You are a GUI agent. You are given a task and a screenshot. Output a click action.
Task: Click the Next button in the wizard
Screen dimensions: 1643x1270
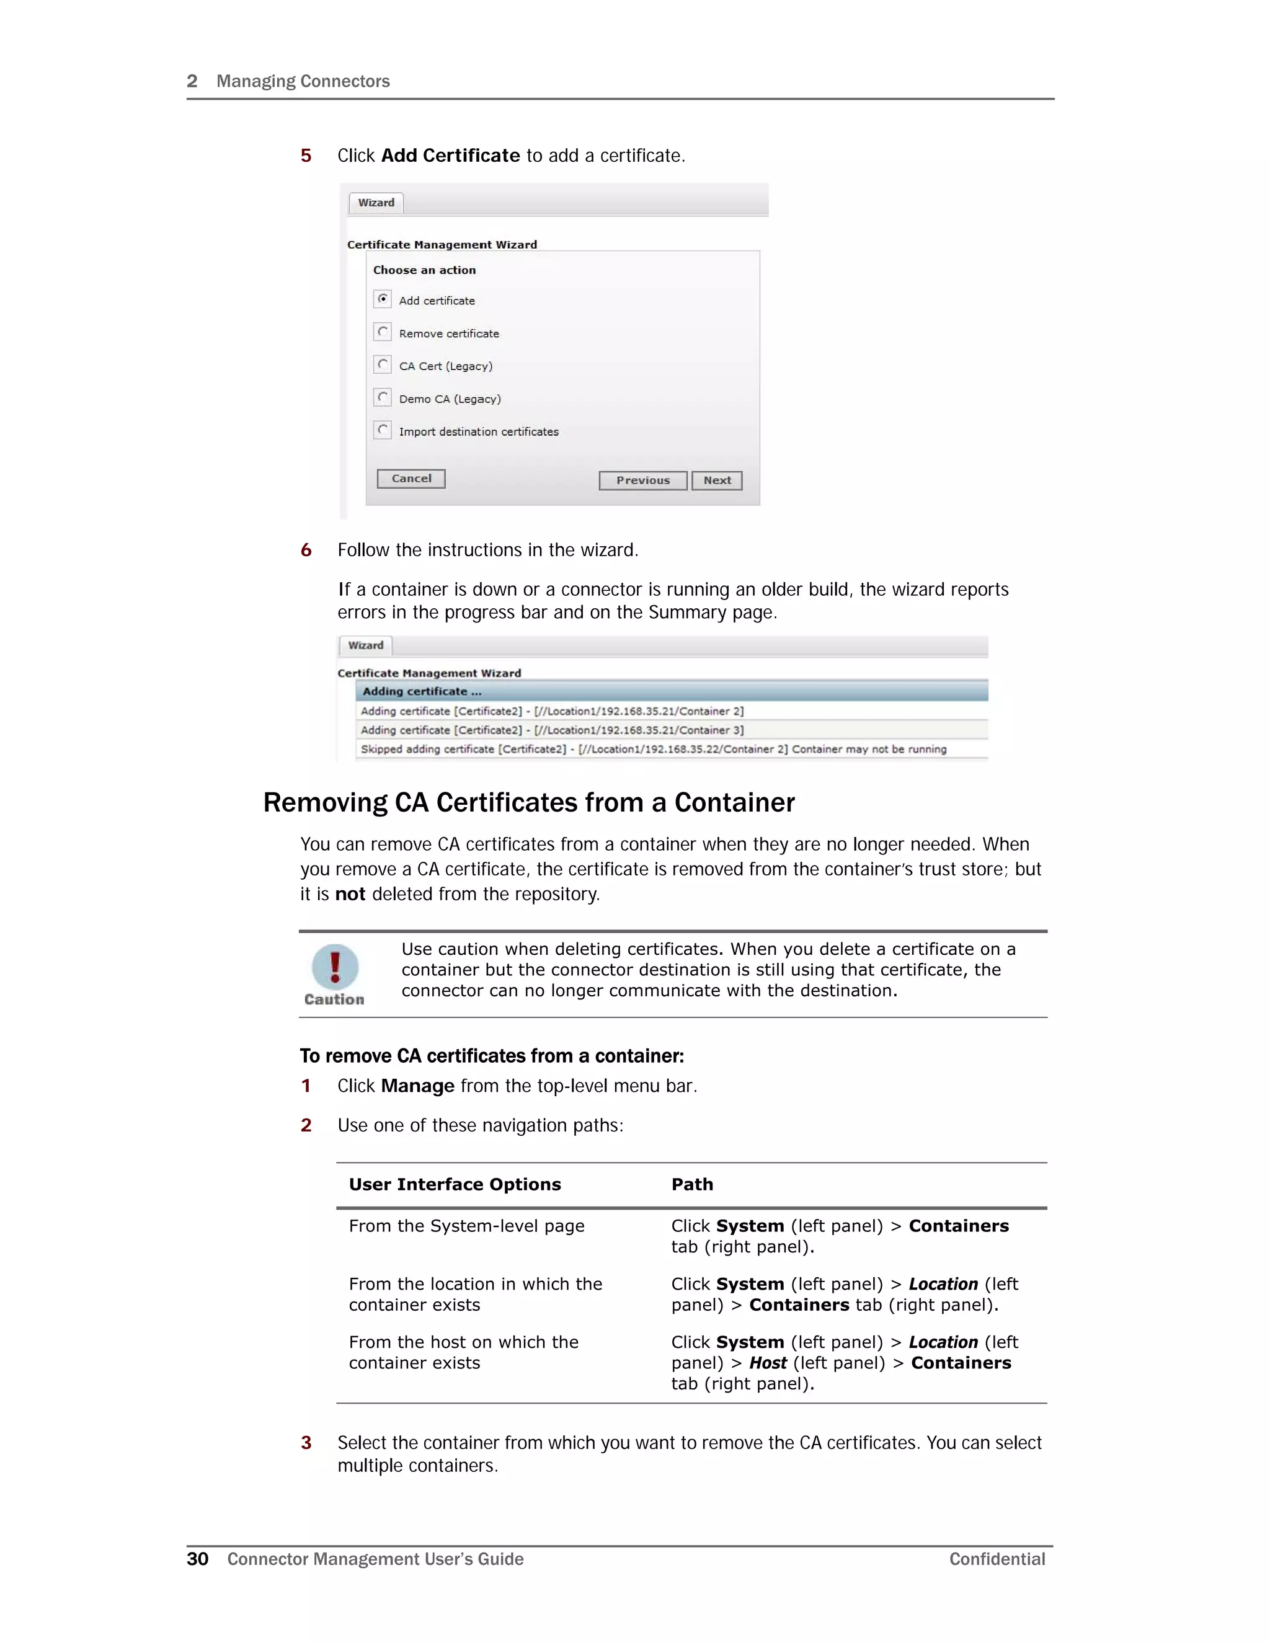pyautogui.click(x=716, y=480)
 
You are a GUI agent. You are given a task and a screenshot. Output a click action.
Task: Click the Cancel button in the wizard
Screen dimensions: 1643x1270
pyautogui.click(x=411, y=479)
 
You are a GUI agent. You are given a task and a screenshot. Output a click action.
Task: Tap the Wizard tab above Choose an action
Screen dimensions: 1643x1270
pyautogui.click(x=376, y=203)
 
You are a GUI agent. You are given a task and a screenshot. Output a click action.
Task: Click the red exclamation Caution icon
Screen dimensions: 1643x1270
pyautogui.click(x=335, y=967)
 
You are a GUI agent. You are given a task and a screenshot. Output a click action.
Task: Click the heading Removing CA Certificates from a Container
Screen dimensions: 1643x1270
pyautogui.click(x=528, y=803)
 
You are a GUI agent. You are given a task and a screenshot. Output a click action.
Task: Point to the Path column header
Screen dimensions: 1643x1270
pyautogui.click(x=692, y=1184)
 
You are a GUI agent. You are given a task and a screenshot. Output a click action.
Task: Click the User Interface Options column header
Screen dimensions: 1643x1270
pyautogui.click(x=455, y=1184)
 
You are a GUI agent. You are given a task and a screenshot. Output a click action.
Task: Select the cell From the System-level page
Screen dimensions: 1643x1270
pyautogui.click(x=466, y=1226)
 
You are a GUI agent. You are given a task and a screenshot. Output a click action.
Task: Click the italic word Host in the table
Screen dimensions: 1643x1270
pyautogui.click(x=768, y=1363)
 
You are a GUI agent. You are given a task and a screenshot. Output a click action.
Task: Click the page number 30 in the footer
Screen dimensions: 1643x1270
pyautogui.click(x=197, y=1559)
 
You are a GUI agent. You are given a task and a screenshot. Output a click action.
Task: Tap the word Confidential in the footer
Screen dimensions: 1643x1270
pyautogui.click(x=996, y=1559)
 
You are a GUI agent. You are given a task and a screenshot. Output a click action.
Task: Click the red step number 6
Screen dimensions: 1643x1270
pyautogui.click(x=306, y=550)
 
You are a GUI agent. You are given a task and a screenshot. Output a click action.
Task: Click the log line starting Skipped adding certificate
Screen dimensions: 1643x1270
pyautogui.click(x=653, y=750)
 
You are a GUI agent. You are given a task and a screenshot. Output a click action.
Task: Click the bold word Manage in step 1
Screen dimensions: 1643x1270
pyautogui.click(x=417, y=1086)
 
